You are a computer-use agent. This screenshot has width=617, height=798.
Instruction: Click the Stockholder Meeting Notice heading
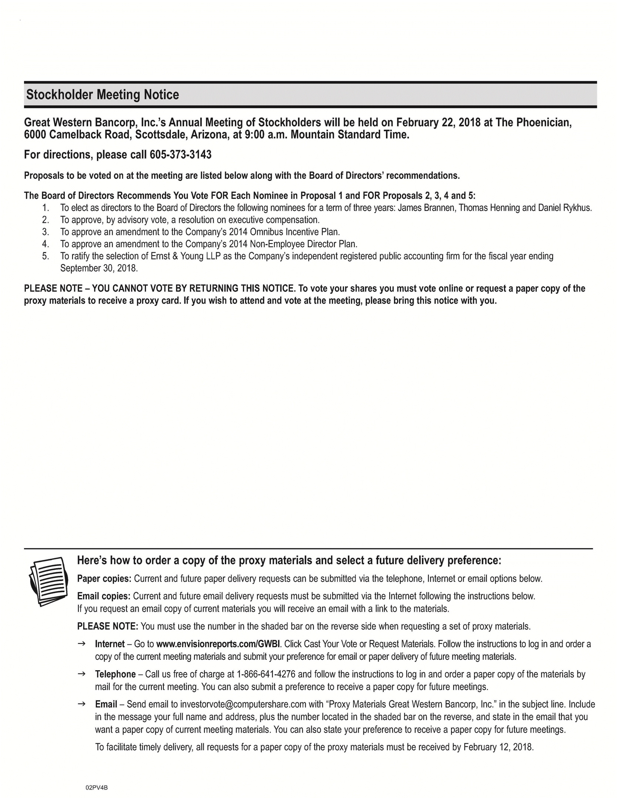point(102,95)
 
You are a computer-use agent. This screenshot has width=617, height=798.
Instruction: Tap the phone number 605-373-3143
point(180,154)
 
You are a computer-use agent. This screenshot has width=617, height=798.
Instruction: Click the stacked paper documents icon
point(48,581)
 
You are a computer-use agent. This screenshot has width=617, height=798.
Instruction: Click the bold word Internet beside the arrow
point(110,644)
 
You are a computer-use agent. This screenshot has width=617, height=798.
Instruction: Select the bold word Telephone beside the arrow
point(115,674)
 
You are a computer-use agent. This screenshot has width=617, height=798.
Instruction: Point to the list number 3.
point(45,232)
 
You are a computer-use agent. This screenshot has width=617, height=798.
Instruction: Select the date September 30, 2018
point(99,268)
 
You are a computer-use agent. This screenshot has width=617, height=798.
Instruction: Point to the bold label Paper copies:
point(104,579)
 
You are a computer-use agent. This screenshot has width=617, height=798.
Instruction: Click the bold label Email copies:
point(104,596)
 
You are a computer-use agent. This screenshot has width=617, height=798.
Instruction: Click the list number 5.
point(45,256)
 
